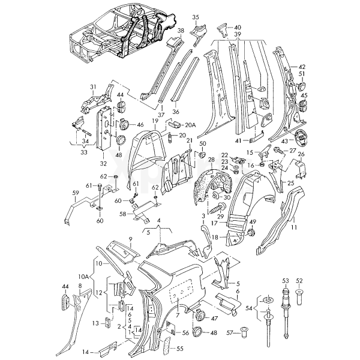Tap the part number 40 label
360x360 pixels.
click(x=238, y=27)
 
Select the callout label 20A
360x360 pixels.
click(x=190, y=124)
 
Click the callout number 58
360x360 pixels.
click(x=122, y=213)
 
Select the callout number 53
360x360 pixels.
click(x=286, y=280)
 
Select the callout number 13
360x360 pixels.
click(x=95, y=323)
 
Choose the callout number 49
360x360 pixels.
click(x=253, y=223)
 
